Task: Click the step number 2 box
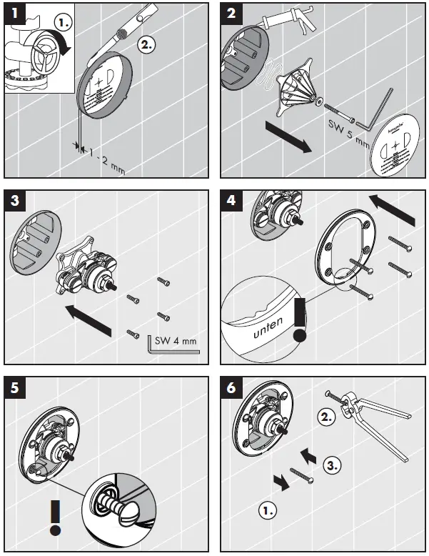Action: tap(231, 13)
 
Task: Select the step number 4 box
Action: tap(231, 200)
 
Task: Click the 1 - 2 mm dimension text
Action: tap(103, 151)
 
